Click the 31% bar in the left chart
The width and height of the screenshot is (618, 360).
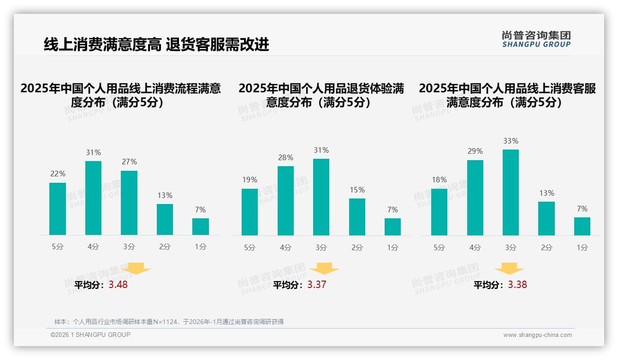pos(93,198)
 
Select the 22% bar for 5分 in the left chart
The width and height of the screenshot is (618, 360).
pos(58,209)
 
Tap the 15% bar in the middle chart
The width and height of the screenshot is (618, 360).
pos(357,217)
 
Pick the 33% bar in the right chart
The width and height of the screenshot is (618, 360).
pos(511,192)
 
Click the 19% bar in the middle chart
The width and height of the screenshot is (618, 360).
pos(250,212)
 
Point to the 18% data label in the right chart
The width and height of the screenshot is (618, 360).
pos(439,180)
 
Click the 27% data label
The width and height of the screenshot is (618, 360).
pos(129,162)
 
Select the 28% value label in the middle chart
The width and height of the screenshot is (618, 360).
pos(285,157)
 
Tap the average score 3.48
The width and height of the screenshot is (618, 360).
pos(118,285)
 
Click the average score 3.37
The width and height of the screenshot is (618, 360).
pos(317,285)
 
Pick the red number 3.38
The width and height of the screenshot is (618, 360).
pos(517,285)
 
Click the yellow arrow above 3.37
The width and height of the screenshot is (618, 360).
pos(324,269)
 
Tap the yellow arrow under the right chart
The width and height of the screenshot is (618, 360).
pos(509,269)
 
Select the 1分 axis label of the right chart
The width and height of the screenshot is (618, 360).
pos(582,248)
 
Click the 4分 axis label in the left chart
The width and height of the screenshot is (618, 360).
pos(93,247)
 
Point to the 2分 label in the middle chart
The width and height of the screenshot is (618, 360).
pos(357,248)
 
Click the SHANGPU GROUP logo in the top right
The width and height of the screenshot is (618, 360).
pos(536,39)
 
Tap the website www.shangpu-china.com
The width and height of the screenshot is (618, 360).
pos(537,335)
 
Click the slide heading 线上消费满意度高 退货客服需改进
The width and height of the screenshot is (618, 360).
pos(156,45)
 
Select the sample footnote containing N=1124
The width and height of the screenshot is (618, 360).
pos(169,322)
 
